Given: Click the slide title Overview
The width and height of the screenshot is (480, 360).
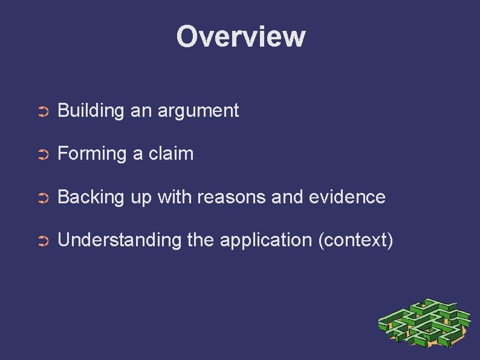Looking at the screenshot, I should click(x=241, y=36).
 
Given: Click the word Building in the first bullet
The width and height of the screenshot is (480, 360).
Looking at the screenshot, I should click(x=91, y=111).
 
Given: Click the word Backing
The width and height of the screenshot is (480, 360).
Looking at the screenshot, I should click(x=89, y=197).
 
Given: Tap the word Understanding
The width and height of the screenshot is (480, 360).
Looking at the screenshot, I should click(x=119, y=240).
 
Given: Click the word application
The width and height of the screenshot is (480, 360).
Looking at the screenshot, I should click(x=266, y=241).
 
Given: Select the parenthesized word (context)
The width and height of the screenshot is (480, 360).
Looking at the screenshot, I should click(x=355, y=240).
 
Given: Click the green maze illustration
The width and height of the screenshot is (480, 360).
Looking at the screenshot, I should click(x=424, y=324).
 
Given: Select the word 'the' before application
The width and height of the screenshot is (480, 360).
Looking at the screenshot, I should click(x=201, y=240).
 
